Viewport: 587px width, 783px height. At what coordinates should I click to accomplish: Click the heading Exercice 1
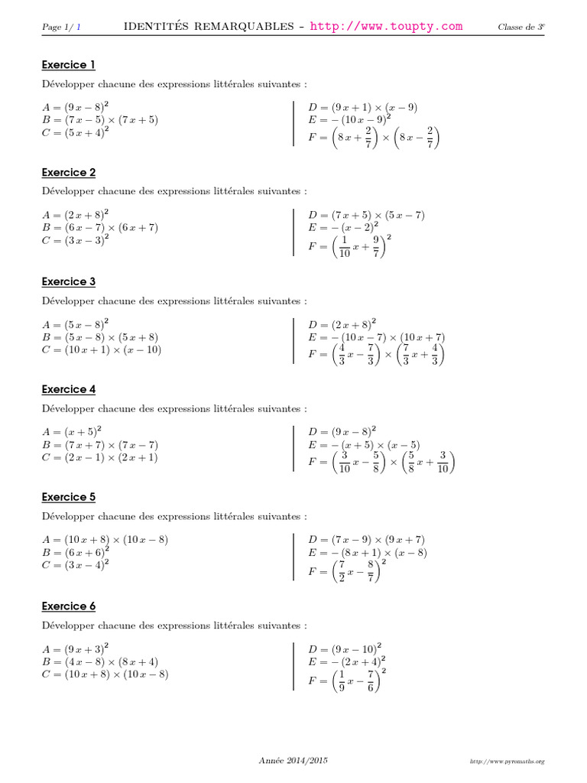click(x=68, y=65)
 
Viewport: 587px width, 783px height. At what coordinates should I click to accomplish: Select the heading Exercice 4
click(x=68, y=389)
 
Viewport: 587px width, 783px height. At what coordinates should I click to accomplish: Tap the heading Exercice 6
click(x=68, y=606)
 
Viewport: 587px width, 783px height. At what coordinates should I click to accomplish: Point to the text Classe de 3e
click(x=521, y=28)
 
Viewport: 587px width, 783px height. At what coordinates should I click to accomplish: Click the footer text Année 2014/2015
click(x=293, y=760)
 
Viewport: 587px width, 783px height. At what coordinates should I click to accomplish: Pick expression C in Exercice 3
click(x=102, y=350)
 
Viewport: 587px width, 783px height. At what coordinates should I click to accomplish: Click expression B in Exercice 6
click(x=100, y=661)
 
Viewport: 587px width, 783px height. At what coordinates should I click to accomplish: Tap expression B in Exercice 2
click(x=100, y=227)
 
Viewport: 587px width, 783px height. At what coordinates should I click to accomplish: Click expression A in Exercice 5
click(x=105, y=540)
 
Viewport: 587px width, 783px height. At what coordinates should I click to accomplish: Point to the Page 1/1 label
click(x=61, y=28)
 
